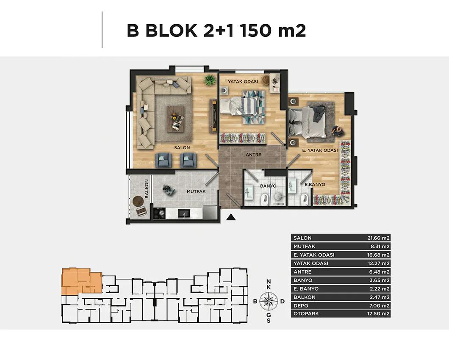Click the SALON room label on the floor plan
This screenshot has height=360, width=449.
(x=182, y=147)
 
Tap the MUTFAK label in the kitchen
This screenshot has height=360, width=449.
(x=196, y=191)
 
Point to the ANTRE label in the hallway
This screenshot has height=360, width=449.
(x=253, y=155)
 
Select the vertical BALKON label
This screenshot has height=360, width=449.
(x=147, y=189)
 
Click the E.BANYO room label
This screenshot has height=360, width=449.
(x=315, y=184)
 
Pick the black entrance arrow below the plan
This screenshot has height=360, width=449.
(x=231, y=217)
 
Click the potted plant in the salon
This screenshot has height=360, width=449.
(x=210, y=80)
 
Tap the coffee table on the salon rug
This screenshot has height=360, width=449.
(x=176, y=119)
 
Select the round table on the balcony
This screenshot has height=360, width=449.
(x=139, y=201)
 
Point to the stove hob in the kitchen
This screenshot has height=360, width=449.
(x=159, y=213)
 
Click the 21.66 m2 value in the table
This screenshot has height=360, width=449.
(x=378, y=238)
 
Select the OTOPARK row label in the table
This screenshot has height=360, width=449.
(x=306, y=313)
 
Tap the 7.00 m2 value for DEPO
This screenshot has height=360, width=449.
(x=380, y=306)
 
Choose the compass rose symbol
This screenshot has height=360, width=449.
(x=269, y=301)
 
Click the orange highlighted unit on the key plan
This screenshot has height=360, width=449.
(x=81, y=281)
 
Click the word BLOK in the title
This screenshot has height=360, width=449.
(x=171, y=30)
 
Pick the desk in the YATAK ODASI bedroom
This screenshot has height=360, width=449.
(x=275, y=83)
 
